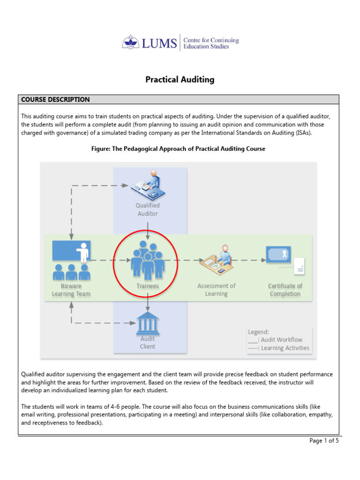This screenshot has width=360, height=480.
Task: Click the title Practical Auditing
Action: [x=180, y=80]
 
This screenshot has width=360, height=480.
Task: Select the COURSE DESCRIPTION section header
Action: [x=55, y=99]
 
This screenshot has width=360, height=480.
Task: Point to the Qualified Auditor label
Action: [x=148, y=210]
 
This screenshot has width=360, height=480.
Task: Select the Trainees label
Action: [x=148, y=286]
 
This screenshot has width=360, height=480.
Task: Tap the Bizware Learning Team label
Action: [x=71, y=290]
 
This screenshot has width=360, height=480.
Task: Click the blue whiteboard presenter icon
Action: [x=71, y=252]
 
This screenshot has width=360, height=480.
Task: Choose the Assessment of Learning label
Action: [x=217, y=290]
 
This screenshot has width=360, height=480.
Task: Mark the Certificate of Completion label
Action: [x=285, y=290]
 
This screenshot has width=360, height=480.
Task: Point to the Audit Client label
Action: [x=148, y=343]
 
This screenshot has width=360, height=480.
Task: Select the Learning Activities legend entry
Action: [x=278, y=348]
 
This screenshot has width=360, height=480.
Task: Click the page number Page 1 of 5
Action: [x=324, y=441]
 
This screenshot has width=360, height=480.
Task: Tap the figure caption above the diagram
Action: [x=178, y=149]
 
